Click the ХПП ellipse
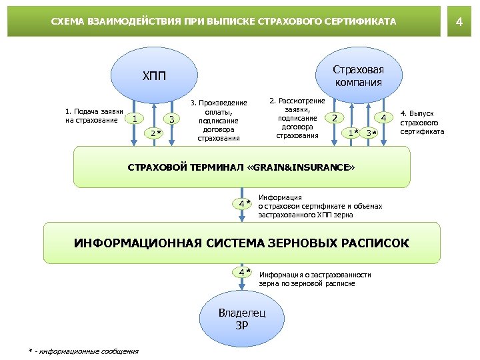(153, 76)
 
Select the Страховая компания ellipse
(357, 76)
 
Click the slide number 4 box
(458, 22)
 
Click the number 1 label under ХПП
(135, 119)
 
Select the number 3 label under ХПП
(172, 119)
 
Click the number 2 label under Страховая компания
(334, 118)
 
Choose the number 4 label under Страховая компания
(383, 118)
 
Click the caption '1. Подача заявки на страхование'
(93, 115)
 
